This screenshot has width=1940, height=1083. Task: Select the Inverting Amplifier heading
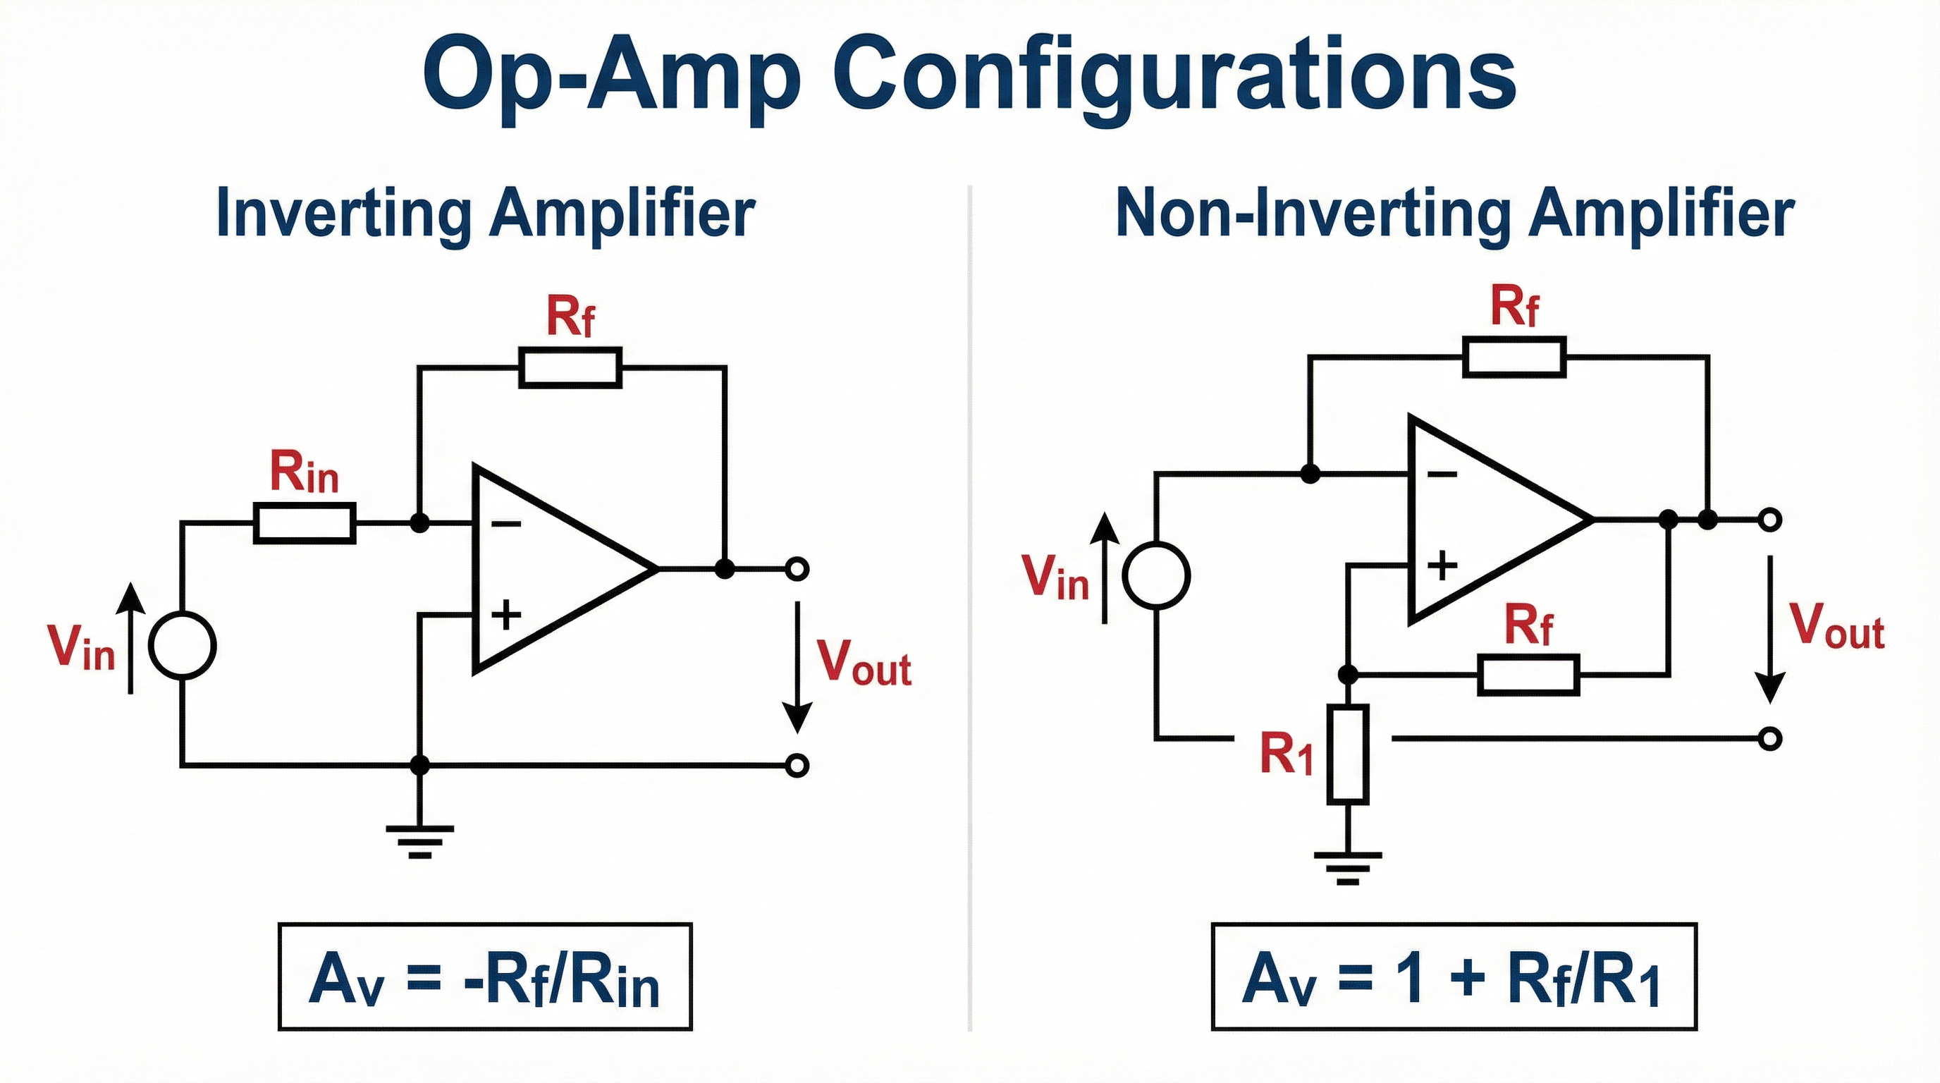[x=485, y=213]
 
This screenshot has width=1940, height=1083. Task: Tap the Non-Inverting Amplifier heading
[x=1454, y=213]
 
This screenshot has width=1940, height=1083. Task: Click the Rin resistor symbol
[x=305, y=524]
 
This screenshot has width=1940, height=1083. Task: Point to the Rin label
[x=305, y=474]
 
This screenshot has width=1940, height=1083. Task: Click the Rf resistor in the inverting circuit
[x=570, y=367]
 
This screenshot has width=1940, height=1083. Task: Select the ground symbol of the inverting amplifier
[x=419, y=840]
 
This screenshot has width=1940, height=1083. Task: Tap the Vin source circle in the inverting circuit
[x=183, y=645]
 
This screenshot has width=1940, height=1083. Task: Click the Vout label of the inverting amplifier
[x=864, y=663]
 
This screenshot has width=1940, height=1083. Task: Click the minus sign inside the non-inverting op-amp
[x=1442, y=475]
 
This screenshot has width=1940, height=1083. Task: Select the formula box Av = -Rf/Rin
[x=485, y=976]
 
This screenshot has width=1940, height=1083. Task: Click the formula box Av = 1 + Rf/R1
[x=1454, y=976]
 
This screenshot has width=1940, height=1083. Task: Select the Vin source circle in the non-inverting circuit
[x=1156, y=575]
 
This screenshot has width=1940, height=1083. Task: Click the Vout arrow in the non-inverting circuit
[x=1771, y=629]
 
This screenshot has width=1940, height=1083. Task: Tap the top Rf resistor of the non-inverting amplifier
[x=1514, y=357]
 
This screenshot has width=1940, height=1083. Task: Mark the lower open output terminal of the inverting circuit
[x=797, y=766]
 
